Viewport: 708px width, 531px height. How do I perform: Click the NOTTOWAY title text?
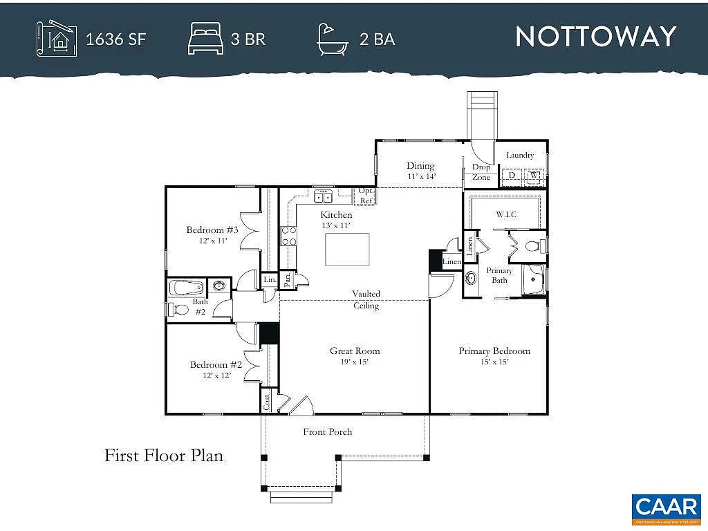[595, 37]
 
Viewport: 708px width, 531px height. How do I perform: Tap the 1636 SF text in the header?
[115, 39]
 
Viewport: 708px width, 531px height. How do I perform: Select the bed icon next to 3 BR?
[205, 39]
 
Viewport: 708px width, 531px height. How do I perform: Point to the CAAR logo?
[667, 506]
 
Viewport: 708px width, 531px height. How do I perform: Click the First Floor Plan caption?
[164, 456]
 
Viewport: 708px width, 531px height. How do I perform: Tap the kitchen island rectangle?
[347, 250]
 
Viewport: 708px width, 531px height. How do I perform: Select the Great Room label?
[355, 351]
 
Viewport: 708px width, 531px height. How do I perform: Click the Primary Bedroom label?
[494, 351]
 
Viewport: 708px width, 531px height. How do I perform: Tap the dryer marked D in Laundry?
[512, 176]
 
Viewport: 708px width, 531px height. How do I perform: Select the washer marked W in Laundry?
[533, 176]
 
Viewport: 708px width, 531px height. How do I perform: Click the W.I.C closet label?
[505, 214]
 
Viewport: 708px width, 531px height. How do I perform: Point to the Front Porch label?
[328, 432]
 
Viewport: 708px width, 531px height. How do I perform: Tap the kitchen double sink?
[323, 198]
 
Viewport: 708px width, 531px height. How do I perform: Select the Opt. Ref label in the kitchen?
[366, 196]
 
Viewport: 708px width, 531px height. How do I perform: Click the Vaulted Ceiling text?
[366, 299]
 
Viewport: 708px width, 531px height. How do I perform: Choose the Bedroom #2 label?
[216, 365]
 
